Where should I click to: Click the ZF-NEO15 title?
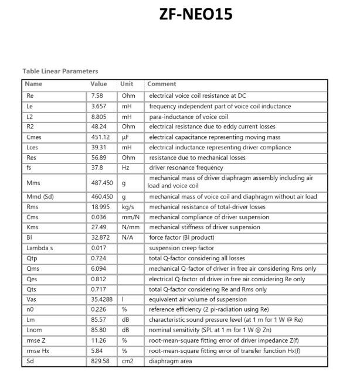[x=195, y=14]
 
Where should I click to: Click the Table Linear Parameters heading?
[x=60, y=71]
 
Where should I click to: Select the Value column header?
[x=99, y=84]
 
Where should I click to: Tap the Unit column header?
[x=127, y=84]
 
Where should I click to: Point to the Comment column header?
[x=162, y=84]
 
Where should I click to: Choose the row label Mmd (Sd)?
[x=40, y=196]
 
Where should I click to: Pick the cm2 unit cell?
[x=128, y=361]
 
